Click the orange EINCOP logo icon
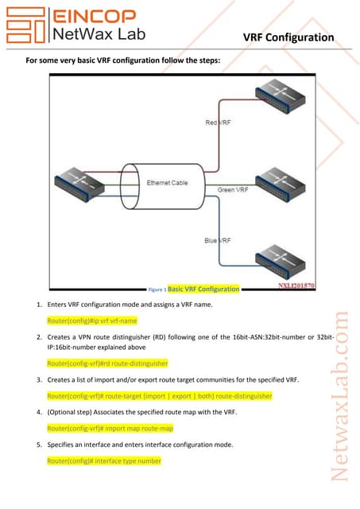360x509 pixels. [25, 25]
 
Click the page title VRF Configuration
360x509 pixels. [288, 37]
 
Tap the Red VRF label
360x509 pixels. [218, 122]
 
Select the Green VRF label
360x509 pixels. [233, 189]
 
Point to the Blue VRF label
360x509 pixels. [218, 240]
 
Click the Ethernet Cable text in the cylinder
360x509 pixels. [167, 183]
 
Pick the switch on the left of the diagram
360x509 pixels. [79, 185]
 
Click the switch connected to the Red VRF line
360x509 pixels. [281, 96]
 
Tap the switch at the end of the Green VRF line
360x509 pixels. [281, 185]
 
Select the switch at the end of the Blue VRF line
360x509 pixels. [281, 262]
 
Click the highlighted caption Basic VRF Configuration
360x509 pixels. [203, 289]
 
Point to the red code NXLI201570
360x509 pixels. [296, 286]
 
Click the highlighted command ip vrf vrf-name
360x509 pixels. [92, 321]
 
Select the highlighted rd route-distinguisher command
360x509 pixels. [107, 363]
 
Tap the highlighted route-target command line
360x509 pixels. [160, 396]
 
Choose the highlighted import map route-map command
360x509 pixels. [110, 429]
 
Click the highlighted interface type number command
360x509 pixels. [104, 461]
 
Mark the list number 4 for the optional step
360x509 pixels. [39, 412]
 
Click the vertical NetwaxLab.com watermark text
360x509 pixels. [340, 396]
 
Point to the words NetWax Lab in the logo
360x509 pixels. [99, 34]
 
